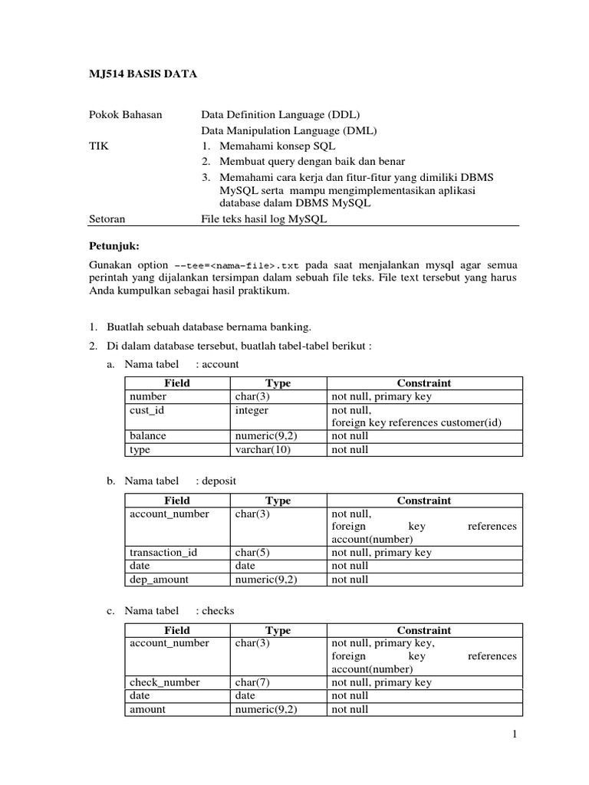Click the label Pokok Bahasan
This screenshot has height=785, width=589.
pyautogui.click(x=126, y=115)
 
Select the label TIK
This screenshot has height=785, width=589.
pyautogui.click(x=99, y=146)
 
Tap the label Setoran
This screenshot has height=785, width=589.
pyautogui.click(x=107, y=218)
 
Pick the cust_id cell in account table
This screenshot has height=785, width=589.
pyautogui.click(x=147, y=410)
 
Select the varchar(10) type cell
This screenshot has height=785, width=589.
pyautogui.click(x=263, y=449)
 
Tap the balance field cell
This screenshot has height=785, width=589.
pyautogui.click(x=148, y=435)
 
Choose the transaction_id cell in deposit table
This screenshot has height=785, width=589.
pyautogui.click(x=163, y=552)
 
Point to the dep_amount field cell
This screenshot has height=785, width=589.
pyautogui.click(x=159, y=580)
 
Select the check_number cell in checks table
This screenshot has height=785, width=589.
pyautogui.click(x=165, y=682)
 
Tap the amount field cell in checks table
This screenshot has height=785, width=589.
pyautogui.click(x=148, y=709)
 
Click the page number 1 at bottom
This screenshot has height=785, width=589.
pyautogui.click(x=516, y=735)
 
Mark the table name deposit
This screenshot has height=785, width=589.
pyautogui.click(x=219, y=481)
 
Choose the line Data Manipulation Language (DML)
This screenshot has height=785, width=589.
pyautogui.click(x=288, y=130)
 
